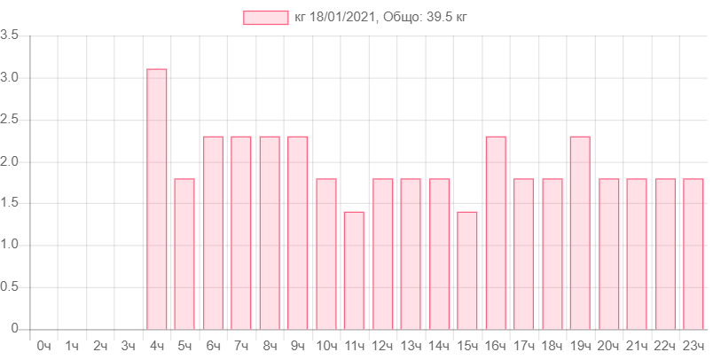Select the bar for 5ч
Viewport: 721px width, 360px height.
tap(184, 254)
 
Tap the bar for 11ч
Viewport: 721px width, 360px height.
tap(354, 270)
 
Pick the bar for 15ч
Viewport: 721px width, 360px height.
tap(467, 270)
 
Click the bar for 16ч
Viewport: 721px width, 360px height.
tap(496, 232)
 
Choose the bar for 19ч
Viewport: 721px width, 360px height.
tap(580, 232)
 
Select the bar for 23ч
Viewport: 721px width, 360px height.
tap(694, 254)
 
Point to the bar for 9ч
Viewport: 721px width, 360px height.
tap(298, 232)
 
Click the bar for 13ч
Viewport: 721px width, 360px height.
tap(411, 254)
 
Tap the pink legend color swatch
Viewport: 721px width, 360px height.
tap(265, 17)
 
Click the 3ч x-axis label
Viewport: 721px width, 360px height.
tap(129, 345)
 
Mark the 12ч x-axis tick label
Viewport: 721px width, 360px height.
tap(382, 345)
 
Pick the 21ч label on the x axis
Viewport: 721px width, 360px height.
tap(637, 345)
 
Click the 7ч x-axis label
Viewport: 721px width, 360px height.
tap(241, 345)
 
